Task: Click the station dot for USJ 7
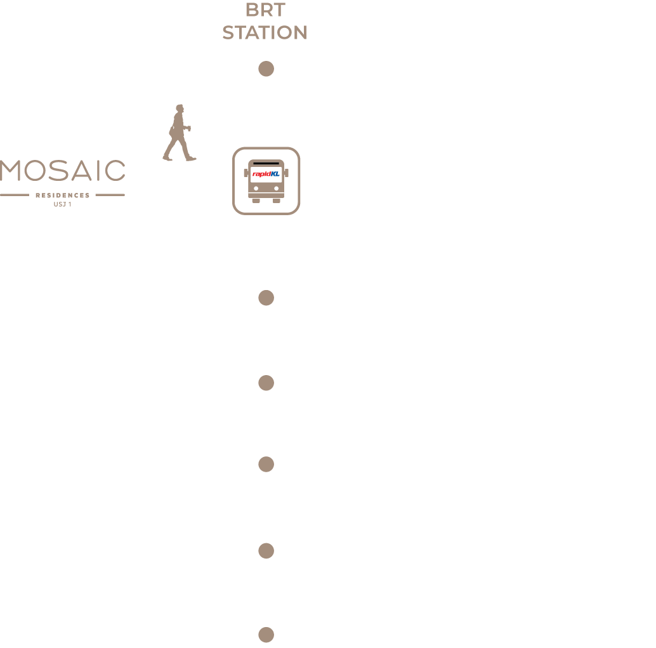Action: tap(266, 69)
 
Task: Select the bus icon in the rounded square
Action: tap(266, 181)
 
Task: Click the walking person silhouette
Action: tap(179, 133)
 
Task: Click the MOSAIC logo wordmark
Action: tap(63, 171)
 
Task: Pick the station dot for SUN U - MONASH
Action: tap(266, 297)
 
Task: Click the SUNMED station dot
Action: tap(266, 383)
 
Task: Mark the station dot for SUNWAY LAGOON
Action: tap(266, 464)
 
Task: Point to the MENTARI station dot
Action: tap(266, 550)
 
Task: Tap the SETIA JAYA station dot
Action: tap(266, 634)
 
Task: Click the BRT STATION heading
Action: tap(265, 22)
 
